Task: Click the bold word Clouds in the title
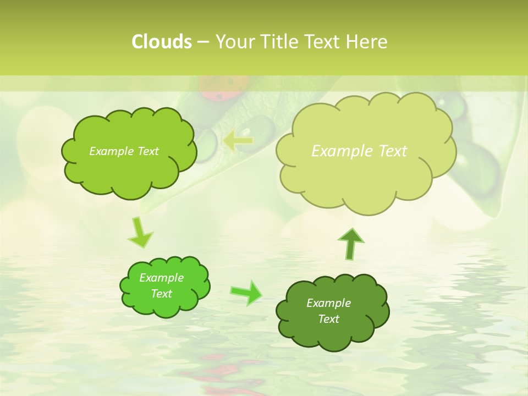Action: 161,42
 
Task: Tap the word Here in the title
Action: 367,42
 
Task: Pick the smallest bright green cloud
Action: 164,286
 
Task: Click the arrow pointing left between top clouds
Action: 238,141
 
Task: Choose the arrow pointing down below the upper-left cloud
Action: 140,233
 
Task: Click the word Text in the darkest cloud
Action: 328,319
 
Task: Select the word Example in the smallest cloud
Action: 161,278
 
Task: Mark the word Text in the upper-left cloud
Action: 147,151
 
